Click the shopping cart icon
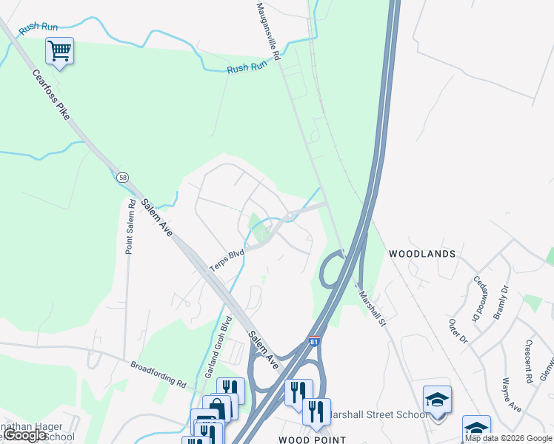(x=59, y=51)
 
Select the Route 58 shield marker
(x=123, y=178)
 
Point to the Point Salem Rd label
(x=130, y=226)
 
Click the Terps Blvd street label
(x=227, y=258)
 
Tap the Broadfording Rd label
(x=158, y=374)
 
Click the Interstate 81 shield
(x=314, y=342)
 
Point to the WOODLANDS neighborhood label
(x=422, y=254)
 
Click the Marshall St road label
(x=373, y=306)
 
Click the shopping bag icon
(x=219, y=407)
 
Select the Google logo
(x=25, y=435)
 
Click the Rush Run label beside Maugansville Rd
(x=247, y=67)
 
